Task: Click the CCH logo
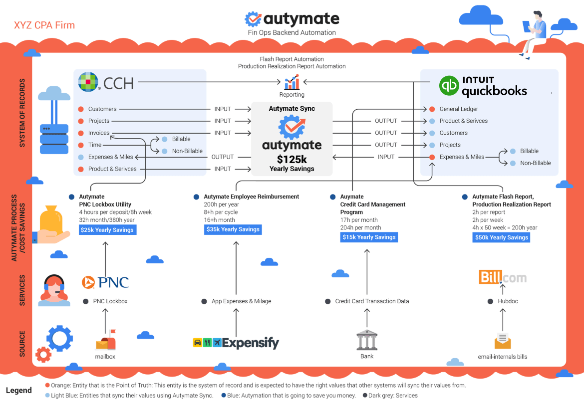pyautogui.click(x=106, y=82)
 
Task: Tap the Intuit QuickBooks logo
pyautogui.click(x=483, y=86)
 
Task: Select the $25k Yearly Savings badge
pyautogui.click(x=107, y=230)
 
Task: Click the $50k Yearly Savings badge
pyautogui.click(x=501, y=237)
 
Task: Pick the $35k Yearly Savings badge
pyautogui.click(x=233, y=229)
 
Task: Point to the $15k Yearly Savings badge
pyautogui.click(x=369, y=237)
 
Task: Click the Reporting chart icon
pyautogui.click(x=292, y=82)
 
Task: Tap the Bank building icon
pyautogui.click(x=367, y=340)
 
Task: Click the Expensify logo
pyautogui.click(x=236, y=343)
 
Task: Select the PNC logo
pyautogui.click(x=105, y=282)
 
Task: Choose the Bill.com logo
pyautogui.click(x=502, y=277)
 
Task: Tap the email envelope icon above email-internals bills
pyautogui.click(x=503, y=341)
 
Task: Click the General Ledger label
pyautogui.click(x=459, y=109)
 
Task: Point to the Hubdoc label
pyautogui.click(x=509, y=301)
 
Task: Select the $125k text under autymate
pyautogui.click(x=292, y=159)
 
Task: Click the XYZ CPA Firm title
pyautogui.click(x=44, y=25)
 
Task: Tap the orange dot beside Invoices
pyautogui.click(x=81, y=133)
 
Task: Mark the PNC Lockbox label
pyautogui.click(x=110, y=301)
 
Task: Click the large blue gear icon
pyautogui.click(x=59, y=338)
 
